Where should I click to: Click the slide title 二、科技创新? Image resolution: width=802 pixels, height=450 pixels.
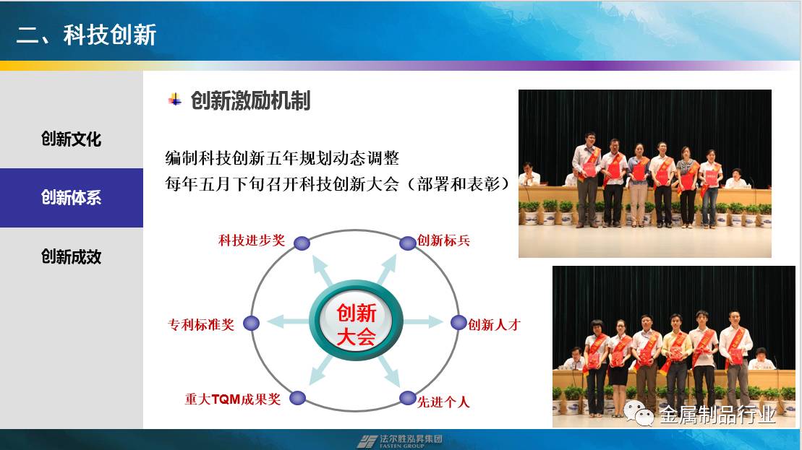coord(86,35)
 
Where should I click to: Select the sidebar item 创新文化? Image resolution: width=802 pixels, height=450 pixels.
coord(71,139)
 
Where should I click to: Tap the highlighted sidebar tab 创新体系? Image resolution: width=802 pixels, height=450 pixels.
coord(71,198)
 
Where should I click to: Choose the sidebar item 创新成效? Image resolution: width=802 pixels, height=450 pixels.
coord(71,256)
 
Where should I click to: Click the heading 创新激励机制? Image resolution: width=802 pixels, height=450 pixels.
coord(250,100)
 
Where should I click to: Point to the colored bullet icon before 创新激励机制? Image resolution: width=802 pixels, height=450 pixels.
coord(175,100)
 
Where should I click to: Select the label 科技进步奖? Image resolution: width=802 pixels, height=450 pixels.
coord(252,240)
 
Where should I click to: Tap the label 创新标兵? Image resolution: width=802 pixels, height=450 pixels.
coord(443,240)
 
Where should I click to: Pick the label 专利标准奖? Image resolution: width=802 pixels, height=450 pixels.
coord(201,324)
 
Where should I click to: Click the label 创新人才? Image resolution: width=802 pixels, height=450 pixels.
coord(494,324)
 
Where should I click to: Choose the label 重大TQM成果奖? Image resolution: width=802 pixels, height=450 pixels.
coord(233,399)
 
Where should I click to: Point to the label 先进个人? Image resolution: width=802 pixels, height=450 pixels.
coord(443,402)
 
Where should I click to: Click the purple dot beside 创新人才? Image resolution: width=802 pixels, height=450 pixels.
coord(458,323)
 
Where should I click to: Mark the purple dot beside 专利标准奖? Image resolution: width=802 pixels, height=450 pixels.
coord(251,324)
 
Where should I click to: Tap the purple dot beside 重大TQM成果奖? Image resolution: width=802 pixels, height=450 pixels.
coord(298,398)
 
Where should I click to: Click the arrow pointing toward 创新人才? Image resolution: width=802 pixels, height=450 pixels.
coord(423,322)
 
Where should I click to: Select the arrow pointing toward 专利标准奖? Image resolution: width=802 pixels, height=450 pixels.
coord(288,322)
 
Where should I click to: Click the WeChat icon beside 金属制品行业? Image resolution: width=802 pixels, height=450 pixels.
coord(639,412)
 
